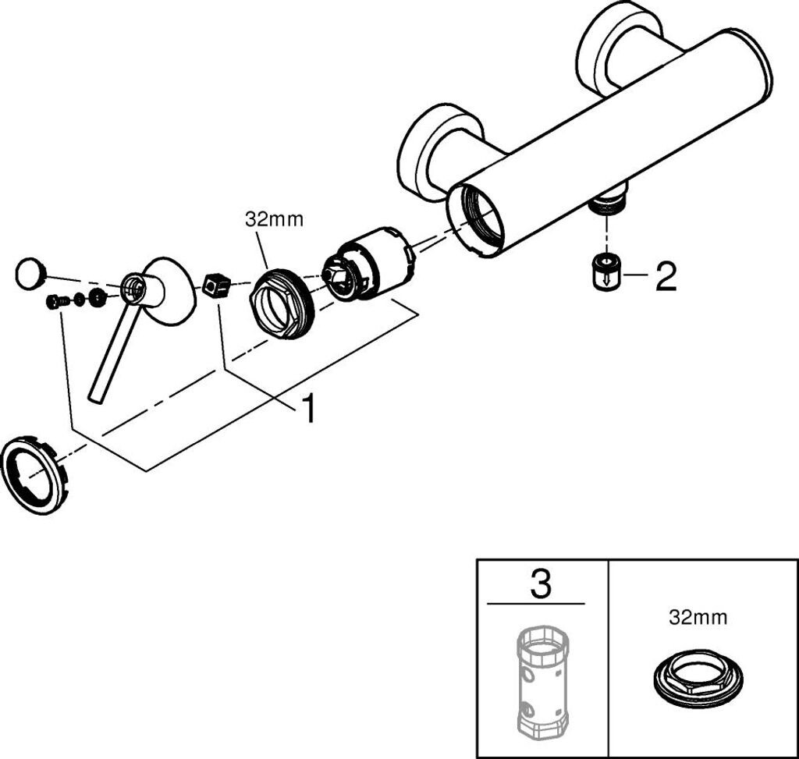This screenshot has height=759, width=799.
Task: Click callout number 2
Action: [666, 277]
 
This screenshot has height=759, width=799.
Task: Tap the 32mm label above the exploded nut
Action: [274, 219]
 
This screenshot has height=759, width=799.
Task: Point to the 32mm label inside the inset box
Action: [698, 618]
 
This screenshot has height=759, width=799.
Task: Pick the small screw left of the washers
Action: [55, 302]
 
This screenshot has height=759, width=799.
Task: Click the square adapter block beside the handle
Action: [216, 286]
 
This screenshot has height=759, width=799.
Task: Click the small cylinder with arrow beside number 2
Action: [605, 272]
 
